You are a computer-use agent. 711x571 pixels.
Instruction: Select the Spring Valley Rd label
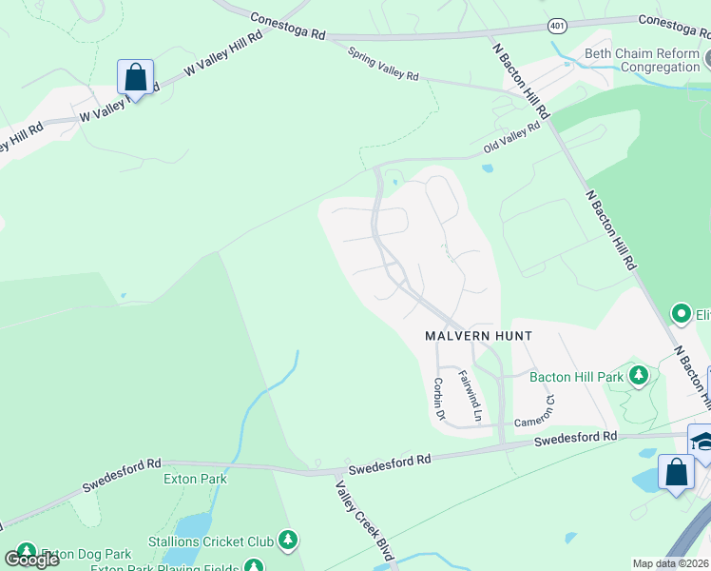tap(383, 65)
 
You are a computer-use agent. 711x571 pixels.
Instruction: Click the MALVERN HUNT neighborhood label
tap(478, 336)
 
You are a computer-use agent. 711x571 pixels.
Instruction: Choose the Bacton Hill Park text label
tap(576, 377)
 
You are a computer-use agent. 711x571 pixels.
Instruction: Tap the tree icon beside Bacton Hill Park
tap(639, 376)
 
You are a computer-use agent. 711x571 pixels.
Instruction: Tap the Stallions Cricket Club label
tap(210, 541)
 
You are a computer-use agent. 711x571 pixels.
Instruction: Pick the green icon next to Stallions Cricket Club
tap(288, 541)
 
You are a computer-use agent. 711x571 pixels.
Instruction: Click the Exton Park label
tap(196, 479)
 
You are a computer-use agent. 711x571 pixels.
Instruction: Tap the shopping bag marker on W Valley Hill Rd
tap(135, 78)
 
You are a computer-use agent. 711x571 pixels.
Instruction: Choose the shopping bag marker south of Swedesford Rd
tap(675, 473)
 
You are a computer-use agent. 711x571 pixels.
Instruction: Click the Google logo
tap(30, 560)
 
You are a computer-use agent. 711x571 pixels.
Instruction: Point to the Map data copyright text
tap(671, 563)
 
